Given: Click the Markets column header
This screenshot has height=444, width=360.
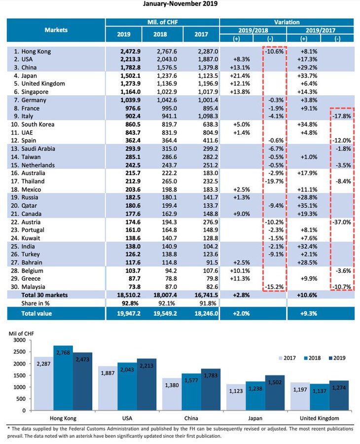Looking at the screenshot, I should coord(56,30).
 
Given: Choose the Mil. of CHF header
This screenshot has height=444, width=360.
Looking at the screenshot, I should coord(162,22).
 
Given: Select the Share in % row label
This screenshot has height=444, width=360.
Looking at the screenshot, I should coord(37,303).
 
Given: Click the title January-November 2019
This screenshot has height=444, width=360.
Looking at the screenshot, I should coord(180,4).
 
